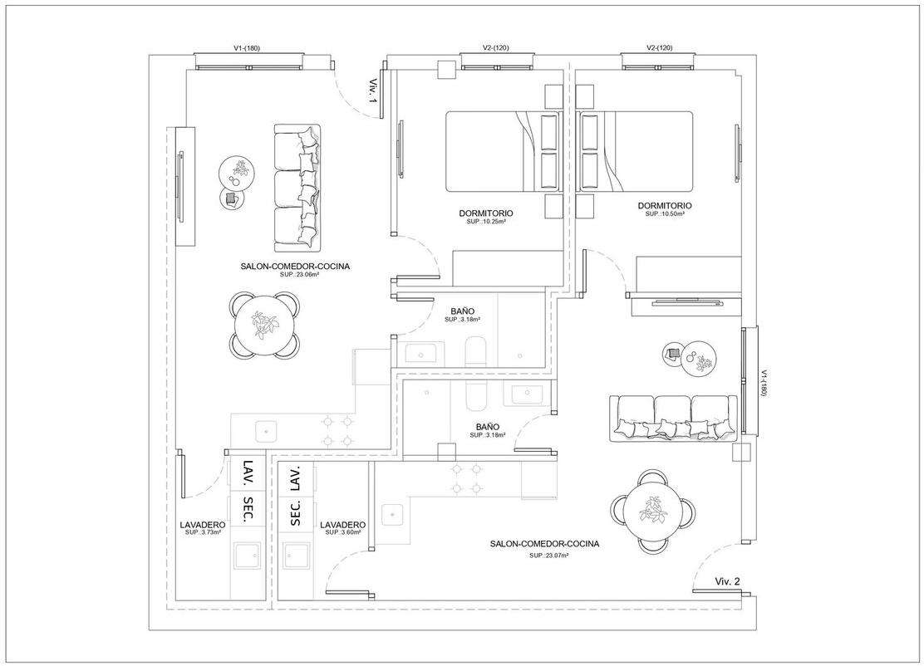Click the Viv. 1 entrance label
[x=372, y=91]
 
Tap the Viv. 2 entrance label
[x=727, y=581]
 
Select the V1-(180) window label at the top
[x=247, y=47]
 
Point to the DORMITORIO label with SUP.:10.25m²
[x=485, y=213]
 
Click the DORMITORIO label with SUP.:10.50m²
[x=665, y=205]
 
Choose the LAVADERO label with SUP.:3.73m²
[x=203, y=524]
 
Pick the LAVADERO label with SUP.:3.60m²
[x=342, y=525]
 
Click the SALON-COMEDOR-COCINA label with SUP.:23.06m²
[x=295, y=267]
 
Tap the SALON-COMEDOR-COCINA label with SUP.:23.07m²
[x=544, y=544]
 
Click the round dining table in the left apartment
[x=264, y=326]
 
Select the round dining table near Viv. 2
[x=653, y=512]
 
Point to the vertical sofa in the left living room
[x=297, y=184]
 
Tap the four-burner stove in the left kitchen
[x=337, y=430]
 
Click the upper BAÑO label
[x=463, y=311]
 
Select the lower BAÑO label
[x=488, y=427]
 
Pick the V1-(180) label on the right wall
[x=764, y=384]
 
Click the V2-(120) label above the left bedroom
[x=495, y=47]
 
